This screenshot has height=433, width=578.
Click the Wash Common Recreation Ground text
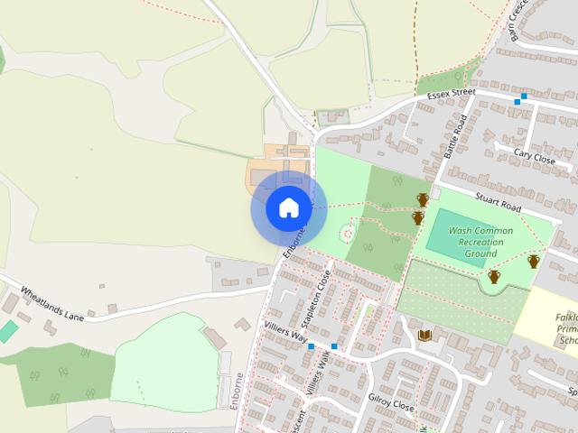(480, 242)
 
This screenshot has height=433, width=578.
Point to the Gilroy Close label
(390, 402)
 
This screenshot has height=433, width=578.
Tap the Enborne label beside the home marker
(295, 242)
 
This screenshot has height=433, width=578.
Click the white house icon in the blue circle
(288, 208)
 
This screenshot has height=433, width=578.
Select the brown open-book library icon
(425, 336)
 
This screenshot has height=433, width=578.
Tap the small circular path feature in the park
(346, 235)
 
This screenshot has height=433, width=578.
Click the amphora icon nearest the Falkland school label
(534, 261)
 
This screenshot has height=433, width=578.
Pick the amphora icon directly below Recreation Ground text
(494, 276)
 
